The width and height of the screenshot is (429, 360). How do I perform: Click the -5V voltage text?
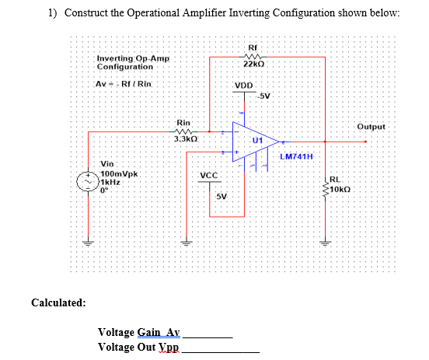264,96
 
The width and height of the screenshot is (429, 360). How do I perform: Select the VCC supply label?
208,176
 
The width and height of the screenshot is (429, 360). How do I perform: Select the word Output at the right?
371,126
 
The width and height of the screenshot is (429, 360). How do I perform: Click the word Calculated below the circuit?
58,302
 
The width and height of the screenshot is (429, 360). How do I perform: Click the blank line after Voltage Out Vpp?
225,351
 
